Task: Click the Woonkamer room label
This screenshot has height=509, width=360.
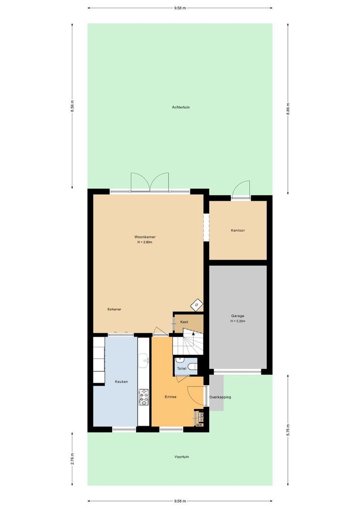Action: tap(145, 237)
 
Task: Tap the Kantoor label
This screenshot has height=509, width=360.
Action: tap(238, 230)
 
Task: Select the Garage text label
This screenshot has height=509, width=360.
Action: tap(237, 316)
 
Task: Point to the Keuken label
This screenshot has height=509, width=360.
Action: tap(121, 382)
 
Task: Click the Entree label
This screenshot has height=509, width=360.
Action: tap(170, 397)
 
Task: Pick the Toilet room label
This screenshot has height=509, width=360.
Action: tap(181, 369)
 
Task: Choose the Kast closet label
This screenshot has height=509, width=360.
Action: tap(184, 322)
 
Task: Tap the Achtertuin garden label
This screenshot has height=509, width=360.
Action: tap(180, 107)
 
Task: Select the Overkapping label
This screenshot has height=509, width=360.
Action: tap(220, 397)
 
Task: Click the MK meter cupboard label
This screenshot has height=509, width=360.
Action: tap(199, 425)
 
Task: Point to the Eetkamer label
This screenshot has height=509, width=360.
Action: tap(114, 309)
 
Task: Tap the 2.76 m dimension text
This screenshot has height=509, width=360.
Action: tap(72, 459)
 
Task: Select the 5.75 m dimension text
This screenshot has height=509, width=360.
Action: tap(288, 430)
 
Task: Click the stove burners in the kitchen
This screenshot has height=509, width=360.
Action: tap(144, 397)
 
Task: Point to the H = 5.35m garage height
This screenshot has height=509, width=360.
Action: tap(237, 321)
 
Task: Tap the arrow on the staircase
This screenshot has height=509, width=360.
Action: tap(192, 333)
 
